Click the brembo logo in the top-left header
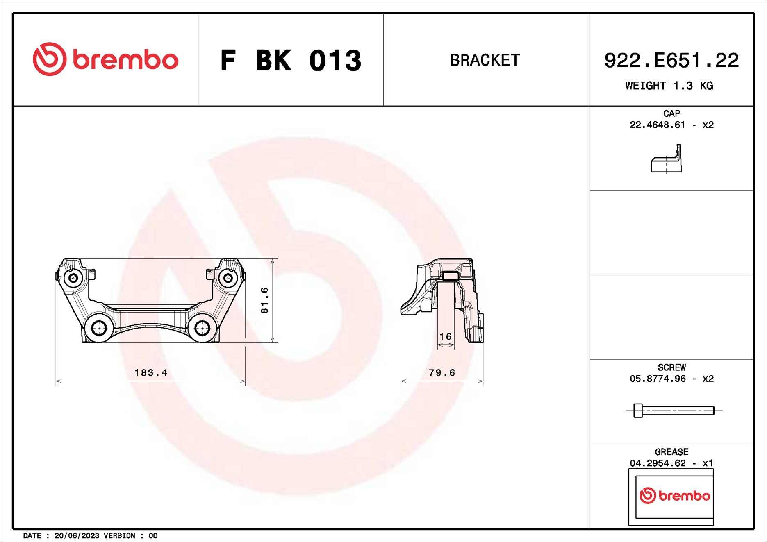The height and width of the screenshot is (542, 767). click(x=105, y=59)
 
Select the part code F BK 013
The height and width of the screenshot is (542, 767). click(x=291, y=61)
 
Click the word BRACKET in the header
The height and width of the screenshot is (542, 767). click(x=485, y=60)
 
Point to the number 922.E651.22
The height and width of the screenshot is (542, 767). click(x=671, y=61)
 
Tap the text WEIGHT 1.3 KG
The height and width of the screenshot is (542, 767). click(x=669, y=86)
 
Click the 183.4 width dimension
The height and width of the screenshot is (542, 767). click(x=151, y=373)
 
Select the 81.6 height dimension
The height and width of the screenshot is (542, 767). click(x=265, y=300)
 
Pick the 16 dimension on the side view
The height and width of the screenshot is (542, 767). click(x=445, y=337)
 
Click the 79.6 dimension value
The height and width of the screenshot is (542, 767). click(x=442, y=373)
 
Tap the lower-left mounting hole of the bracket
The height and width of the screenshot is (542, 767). click(x=99, y=328)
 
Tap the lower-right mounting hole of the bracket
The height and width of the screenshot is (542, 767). click(x=202, y=328)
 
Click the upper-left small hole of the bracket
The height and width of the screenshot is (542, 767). click(x=73, y=278)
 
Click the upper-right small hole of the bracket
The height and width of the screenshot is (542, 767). click(x=228, y=278)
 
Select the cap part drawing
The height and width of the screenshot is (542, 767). click(x=667, y=159)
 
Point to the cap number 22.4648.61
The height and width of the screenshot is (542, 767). click(x=657, y=125)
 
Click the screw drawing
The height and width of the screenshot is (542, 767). click(x=674, y=410)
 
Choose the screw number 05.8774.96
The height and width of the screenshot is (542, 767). click(x=657, y=379)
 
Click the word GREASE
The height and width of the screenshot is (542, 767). click(x=671, y=452)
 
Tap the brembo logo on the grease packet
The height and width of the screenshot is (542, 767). click(x=674, y=496)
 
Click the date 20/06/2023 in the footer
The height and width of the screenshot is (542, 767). click(x=77, y=536)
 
